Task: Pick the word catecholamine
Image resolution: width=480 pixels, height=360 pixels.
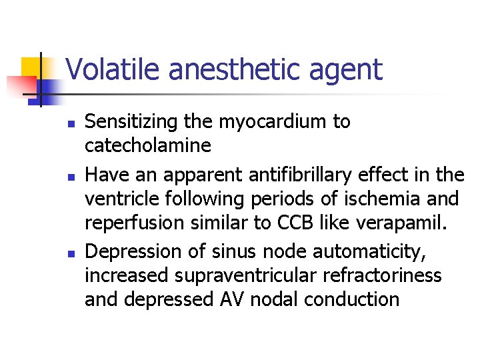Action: pyautogui.click(x=148, y=145)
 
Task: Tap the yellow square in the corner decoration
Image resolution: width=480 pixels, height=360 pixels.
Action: pyautogui.click(x=31, y=69)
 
